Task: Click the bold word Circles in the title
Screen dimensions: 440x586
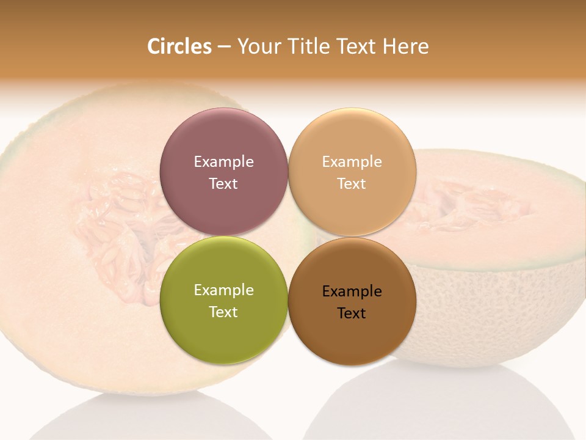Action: pyautogui.click(x=179, y=46)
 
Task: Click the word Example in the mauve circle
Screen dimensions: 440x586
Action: pyautogui.click(x=223, y=162)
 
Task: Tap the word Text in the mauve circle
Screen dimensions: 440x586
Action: pyautogui.click(x=223, y=184)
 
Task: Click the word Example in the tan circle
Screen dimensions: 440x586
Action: pyautogui.click(x=352, y=162)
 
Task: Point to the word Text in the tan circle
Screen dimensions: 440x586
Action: pyautogui.click(x=352, y=184)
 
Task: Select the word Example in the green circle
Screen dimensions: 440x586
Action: pyautogui.click(x=223, y=290)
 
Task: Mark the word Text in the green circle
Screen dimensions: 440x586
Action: pyautogui.click(x=223, y=312)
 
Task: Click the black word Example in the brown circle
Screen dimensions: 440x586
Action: pyautogui.click(x=352, y=291)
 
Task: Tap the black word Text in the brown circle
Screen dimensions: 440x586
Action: pyautogui.click(x=352, y=313)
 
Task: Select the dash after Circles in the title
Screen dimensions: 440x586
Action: pyautogui.click(x=224, y=47)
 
